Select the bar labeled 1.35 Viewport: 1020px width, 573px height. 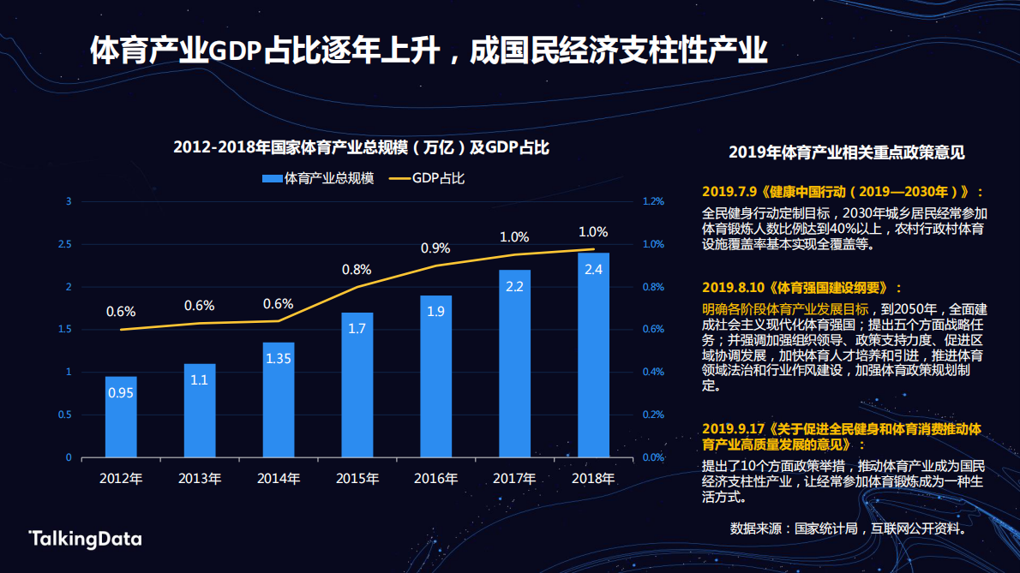(279, 399)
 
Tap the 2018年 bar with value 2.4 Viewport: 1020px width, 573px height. (593, 355)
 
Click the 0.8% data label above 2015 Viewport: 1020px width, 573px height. (357, 270)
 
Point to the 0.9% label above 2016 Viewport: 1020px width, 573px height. (435, 248)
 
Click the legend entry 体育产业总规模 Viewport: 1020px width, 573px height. (318, 178)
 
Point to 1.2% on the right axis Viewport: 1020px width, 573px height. (653, 201)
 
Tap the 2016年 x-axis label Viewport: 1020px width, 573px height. (435, 478)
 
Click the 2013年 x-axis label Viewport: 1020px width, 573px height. (200, 478)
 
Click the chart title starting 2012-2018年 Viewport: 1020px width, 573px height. (361, 147)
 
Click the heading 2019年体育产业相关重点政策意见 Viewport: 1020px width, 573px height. (846, 153)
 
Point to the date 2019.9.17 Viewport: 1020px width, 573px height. (733, 427)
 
